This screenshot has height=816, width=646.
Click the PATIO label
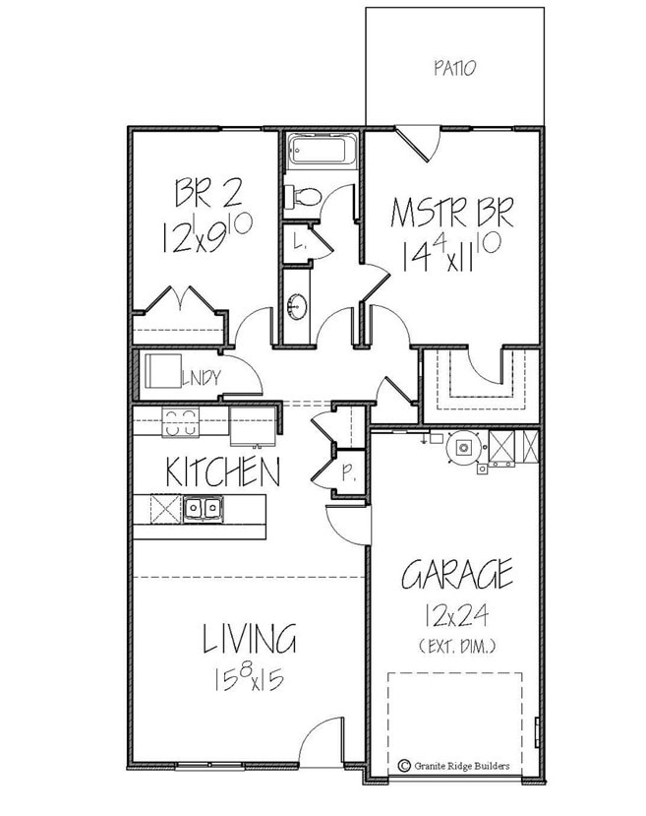454,69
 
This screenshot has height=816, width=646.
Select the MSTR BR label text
451,214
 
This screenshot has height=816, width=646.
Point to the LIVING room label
249,640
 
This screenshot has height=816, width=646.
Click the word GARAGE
456,574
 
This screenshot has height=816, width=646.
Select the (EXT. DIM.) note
456,647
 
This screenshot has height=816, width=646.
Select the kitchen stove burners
178,422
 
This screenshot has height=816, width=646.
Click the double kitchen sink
202,508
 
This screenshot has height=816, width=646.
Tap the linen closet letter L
297,239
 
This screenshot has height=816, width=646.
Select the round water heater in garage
461,448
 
